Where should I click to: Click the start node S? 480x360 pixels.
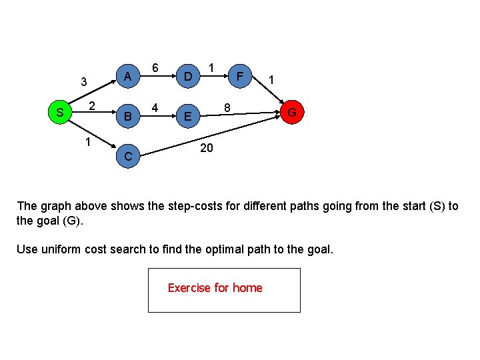(60, 113)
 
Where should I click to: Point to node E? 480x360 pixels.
(189, 118)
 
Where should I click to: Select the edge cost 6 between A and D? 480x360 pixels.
(155, 68)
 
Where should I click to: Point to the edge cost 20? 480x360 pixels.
(207, 147)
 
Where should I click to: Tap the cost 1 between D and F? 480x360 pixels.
(211, 68)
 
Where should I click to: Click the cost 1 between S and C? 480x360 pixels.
(87, 142)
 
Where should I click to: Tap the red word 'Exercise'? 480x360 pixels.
(189, 288)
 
